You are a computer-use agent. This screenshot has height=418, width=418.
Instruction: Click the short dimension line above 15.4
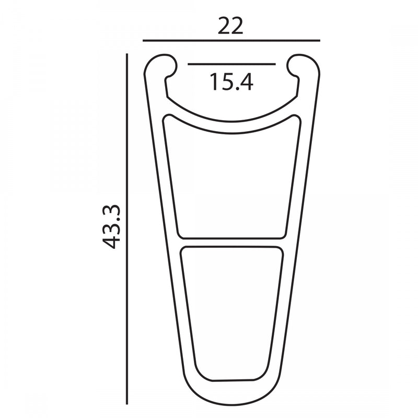pyautogui.click(x=231, y=64)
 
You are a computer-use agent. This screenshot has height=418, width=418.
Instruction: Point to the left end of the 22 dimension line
pyautogui.click(x=143, y=40)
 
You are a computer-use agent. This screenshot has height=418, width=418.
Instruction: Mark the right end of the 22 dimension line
pyautogui.click(x=319, y=40)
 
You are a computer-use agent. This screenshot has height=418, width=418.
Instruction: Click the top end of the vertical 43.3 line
pyautogui.click(x=127, y=53)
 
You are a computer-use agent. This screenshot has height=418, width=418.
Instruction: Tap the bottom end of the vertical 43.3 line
pyautogui.click(x=127, y=403)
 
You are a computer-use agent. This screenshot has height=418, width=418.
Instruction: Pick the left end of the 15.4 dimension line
pyautogui.click(x=188, y=64)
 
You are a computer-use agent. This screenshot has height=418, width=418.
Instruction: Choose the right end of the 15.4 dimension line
pyautogui.click(x=275, y=64)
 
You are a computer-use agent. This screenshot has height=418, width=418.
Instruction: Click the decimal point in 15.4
pyautogui.click(x=232, y=89)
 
